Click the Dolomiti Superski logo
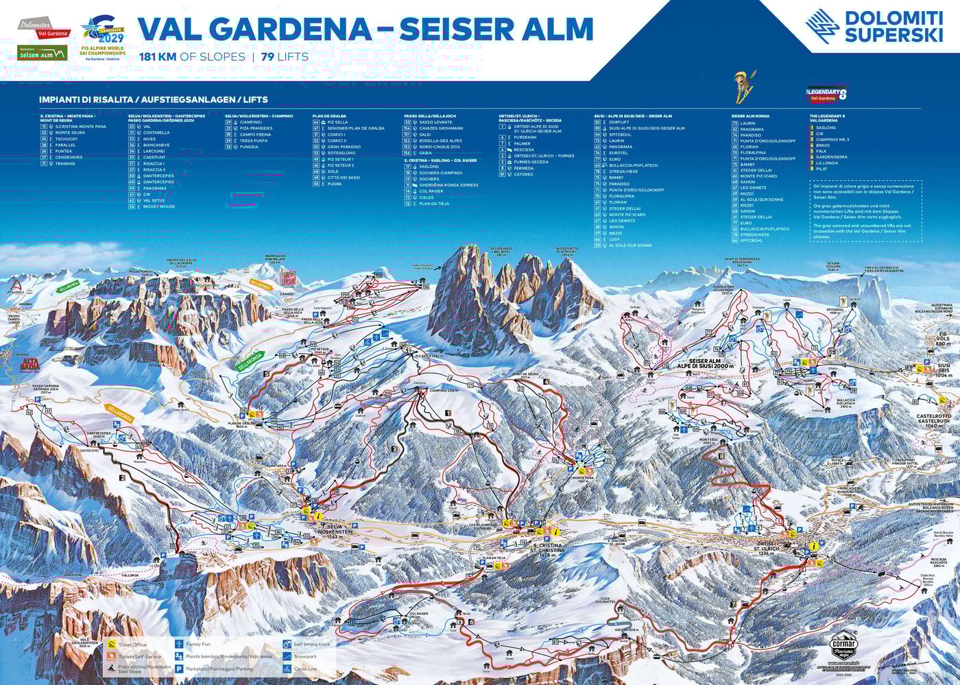[x=874, y=27]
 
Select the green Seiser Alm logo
[x=43, y=53]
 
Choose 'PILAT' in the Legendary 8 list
[x=822, y=169]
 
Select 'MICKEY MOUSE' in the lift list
[x=159, y=206]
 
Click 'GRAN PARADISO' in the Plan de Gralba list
[x=344, y=147]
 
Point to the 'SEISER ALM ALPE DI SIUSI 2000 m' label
[x=705, y=363]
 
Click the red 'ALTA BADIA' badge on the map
[x=31, y=363]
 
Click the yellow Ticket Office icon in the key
[x=111, y=645]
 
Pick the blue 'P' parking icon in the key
[x=178, y=668]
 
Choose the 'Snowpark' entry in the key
[x=305, y=656]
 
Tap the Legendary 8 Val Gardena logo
[x=828, y=95]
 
